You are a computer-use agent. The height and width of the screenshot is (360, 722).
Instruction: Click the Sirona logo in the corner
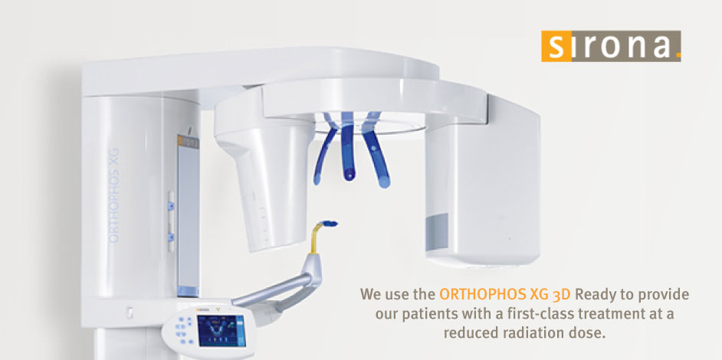[611, 46]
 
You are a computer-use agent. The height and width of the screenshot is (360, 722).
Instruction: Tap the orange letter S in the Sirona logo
[556, 46]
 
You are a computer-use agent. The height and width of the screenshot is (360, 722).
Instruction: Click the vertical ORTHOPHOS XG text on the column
[113, 195]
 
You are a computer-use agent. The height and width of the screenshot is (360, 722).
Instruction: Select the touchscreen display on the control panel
[222, 330]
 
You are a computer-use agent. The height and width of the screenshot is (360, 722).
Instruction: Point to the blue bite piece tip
[330, 224]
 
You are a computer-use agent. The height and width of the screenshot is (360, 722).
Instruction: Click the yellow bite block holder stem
[315, 238]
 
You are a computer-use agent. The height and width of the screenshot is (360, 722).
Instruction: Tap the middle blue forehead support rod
[348, 146]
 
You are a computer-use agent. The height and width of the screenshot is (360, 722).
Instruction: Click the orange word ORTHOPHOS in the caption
[474, 293]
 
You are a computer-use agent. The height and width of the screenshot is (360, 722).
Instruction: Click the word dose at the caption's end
[590, 332]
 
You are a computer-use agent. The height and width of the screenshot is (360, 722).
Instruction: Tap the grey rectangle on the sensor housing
[438, 232]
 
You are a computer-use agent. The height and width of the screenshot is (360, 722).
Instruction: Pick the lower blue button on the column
[171, 237]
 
